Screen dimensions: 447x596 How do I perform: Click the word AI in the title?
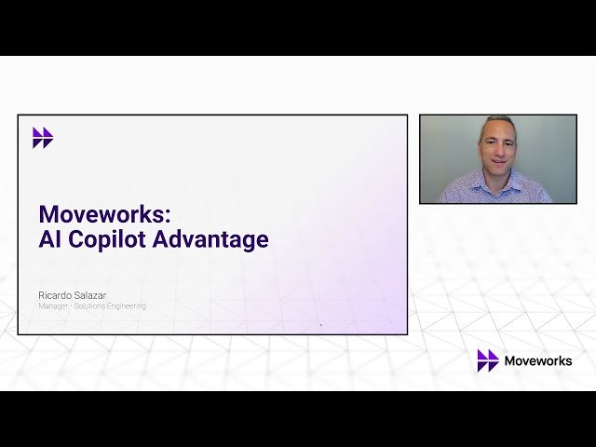click(50, 239)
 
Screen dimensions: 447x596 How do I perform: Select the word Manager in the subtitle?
click(54, 305)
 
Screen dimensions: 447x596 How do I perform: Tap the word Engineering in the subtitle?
click(126, 305)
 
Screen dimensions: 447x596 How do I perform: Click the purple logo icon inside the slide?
click(43, 138)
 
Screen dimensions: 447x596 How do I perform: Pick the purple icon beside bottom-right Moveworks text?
click(488, 360)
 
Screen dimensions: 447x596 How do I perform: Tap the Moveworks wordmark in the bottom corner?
click(538, 360)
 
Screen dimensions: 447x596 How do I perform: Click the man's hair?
click(498, 122)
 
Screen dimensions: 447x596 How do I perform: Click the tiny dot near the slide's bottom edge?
click(320, 325)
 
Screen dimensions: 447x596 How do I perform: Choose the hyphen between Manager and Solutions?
click(73, 305)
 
